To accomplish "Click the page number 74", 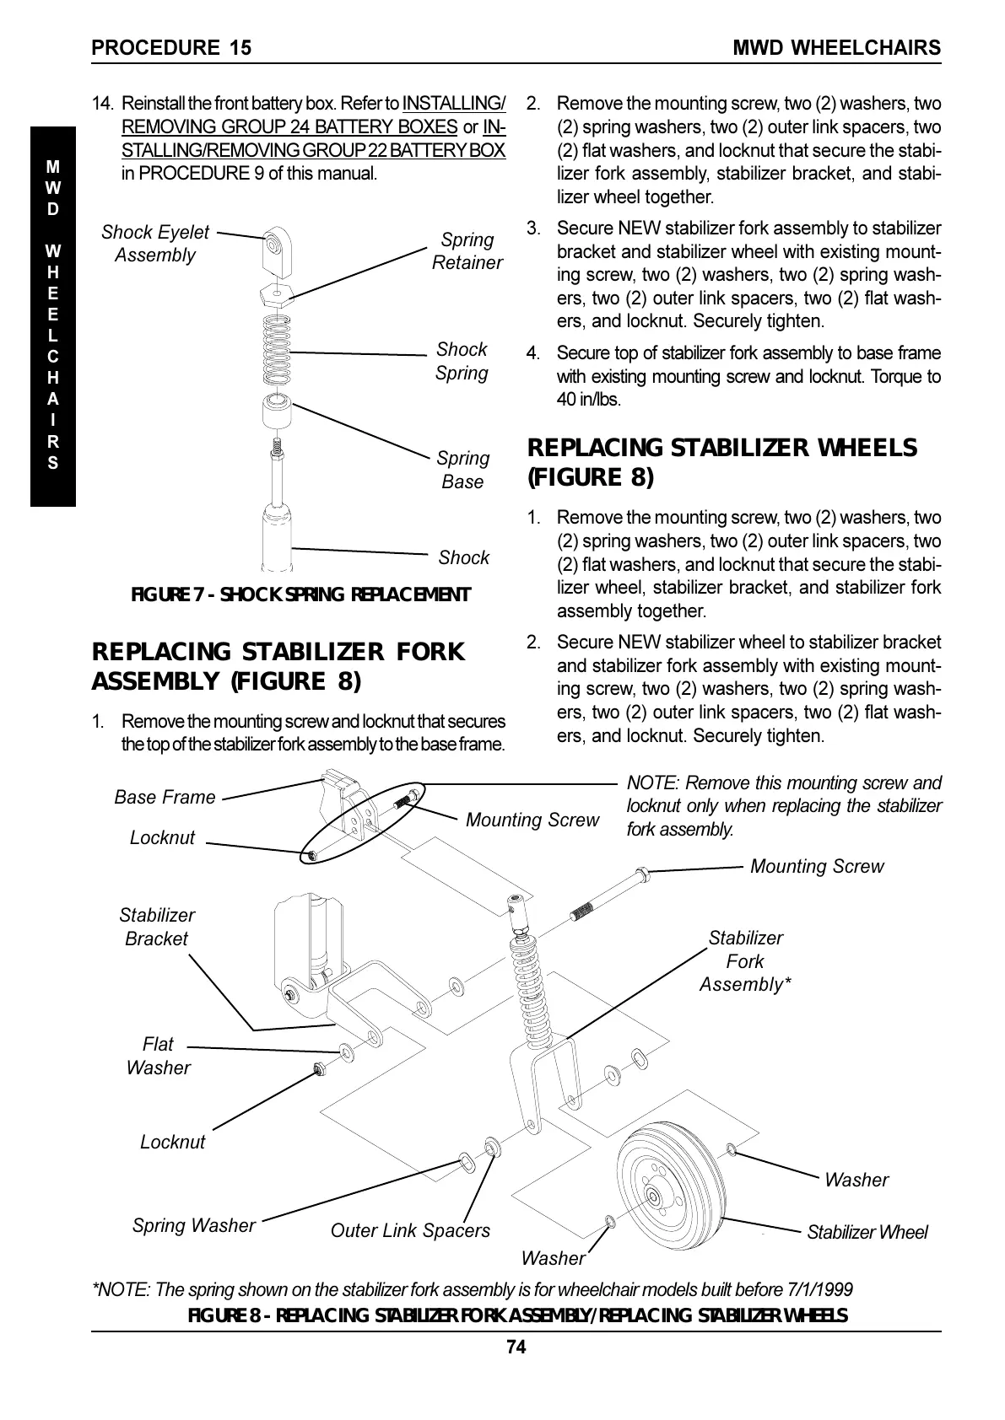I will (x=516, y=1347).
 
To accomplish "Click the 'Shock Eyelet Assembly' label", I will (x=155, y=244).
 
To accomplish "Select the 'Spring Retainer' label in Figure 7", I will (x=467, y=251).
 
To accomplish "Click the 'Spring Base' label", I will (x=462, y=470).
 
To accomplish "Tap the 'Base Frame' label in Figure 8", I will (x=165, y=797).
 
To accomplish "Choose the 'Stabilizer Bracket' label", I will (x=156, y=927).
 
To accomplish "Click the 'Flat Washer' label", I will (x=158, y=1056).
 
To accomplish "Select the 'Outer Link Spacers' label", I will (x=410, y=1230).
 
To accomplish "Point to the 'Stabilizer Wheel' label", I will (x=867, y=1232).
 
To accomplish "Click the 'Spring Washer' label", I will (x=193, y=1225).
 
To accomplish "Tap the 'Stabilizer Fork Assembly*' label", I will (x=745, y=961).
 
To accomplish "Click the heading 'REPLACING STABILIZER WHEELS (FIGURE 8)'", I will (x=721, y=462).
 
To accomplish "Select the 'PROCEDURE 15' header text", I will (x=171, y=47).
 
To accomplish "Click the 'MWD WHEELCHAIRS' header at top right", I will (x=836, y=47).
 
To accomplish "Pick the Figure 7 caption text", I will (x=300, y=594).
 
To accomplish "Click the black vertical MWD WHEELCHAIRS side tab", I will (x=53, y=316).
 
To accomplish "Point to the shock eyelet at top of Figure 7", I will (x=276, y=247).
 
